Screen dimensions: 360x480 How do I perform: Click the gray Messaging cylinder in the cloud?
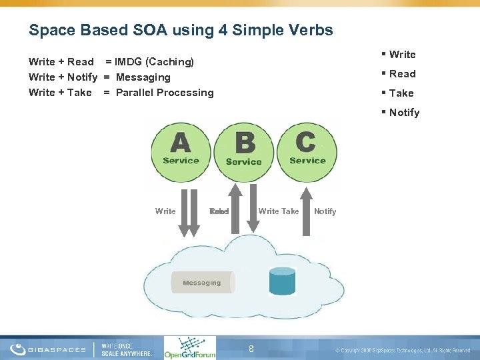[x=203, y=283]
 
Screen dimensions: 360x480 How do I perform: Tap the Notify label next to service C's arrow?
[x=325, y=211]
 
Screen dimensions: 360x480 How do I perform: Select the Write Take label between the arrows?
[x=279, y=211]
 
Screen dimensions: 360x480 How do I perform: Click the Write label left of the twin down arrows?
[x=165, y=211]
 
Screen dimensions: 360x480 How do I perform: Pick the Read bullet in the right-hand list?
[x=402, y=74]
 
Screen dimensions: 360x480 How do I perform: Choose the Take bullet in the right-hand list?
[x=401, y=93]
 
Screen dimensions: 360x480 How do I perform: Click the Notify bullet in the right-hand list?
[x=404, y=113]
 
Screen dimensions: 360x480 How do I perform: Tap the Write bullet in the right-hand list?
[x=402, y=55]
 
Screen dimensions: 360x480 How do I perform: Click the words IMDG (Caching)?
[x=154, y=62]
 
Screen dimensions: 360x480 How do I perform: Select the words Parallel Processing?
[x=165, y=93]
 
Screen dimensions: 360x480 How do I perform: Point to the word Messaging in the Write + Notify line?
[x=143, y=77]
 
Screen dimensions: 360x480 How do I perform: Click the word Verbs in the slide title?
[x=309, y=30]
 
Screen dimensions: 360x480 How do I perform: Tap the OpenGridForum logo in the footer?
[x=189, y=347]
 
